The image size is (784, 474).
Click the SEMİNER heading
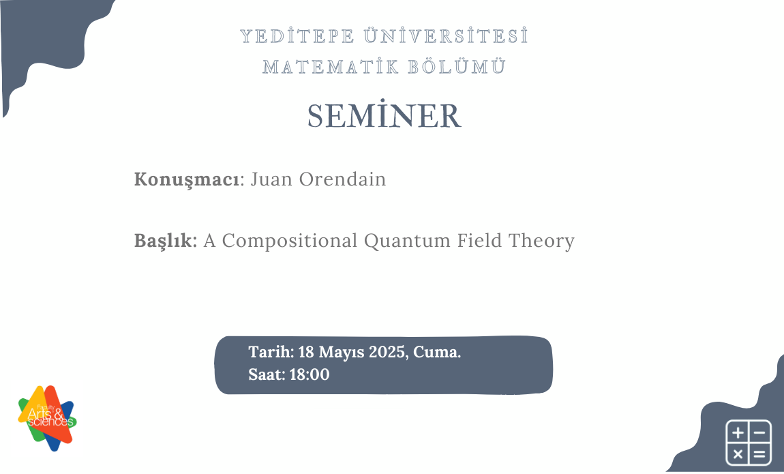pos(385,117)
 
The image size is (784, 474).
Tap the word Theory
pos(545,241)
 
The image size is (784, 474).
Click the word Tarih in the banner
pos(271,353)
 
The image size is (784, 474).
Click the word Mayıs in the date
pos(341,353)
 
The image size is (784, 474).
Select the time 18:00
pos(310,374)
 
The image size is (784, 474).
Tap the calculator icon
pos(748,443)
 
